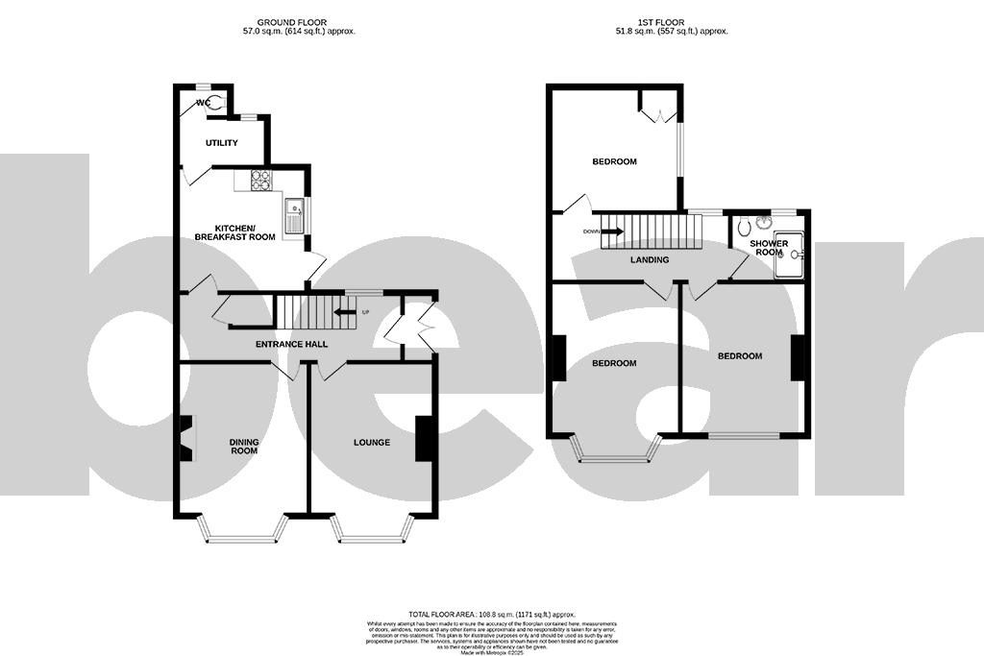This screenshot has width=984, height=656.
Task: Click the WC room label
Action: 204,102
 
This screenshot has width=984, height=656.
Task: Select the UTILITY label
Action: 222,143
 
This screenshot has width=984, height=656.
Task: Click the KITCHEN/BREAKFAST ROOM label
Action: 235,231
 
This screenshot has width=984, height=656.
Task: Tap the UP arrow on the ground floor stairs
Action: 343,311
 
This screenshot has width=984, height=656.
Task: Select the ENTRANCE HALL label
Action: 291,344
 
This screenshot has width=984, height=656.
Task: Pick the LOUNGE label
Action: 372,443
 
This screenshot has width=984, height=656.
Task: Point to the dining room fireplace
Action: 185,439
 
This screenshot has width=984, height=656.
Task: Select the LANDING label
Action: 650,259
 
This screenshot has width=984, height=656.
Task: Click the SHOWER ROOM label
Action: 770,248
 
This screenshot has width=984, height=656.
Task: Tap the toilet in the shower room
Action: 745,228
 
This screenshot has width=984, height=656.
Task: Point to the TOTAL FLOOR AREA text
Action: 491,613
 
